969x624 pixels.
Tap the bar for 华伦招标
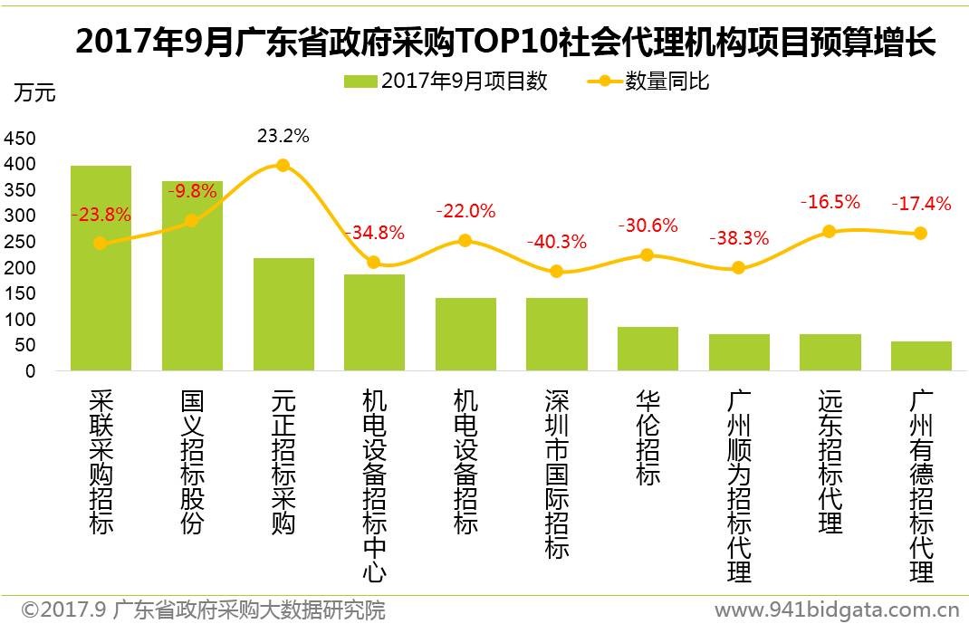[x=648, y=349]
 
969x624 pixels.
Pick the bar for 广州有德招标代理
[x=921, y=356]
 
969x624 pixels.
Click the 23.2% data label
[x=283, y=137]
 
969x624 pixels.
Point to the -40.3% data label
[x=556, y=243]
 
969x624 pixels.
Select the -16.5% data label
[x=830, y=202]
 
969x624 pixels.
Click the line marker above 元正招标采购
[x=283, y=166]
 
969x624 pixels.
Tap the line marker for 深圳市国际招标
[x=556, y=272]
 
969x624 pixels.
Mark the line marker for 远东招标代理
[x=830, y=232]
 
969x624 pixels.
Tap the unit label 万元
[x=35, y=92]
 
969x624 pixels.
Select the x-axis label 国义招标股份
[x=192, y=463]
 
